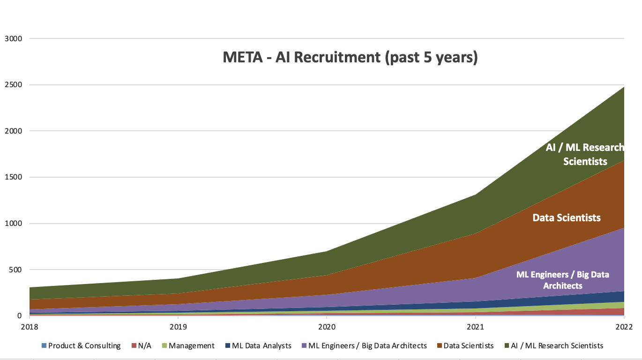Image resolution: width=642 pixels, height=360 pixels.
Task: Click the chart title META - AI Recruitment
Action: coord(350,57)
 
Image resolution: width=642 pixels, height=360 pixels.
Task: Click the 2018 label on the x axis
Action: coord(29,326)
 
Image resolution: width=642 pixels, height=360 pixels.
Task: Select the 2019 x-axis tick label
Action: coord(178,326)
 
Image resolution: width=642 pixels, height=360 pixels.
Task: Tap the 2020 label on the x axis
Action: coord(327,326)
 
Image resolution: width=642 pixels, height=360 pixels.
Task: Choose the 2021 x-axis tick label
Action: coord(475,326)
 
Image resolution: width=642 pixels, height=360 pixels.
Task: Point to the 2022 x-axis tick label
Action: coord(624,326)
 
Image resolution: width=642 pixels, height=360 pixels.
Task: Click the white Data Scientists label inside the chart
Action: coord(567,218)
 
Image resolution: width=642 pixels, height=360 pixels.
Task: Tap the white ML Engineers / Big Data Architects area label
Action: coord(562,280)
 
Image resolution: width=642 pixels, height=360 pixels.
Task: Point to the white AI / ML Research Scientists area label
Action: coord(585,154)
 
